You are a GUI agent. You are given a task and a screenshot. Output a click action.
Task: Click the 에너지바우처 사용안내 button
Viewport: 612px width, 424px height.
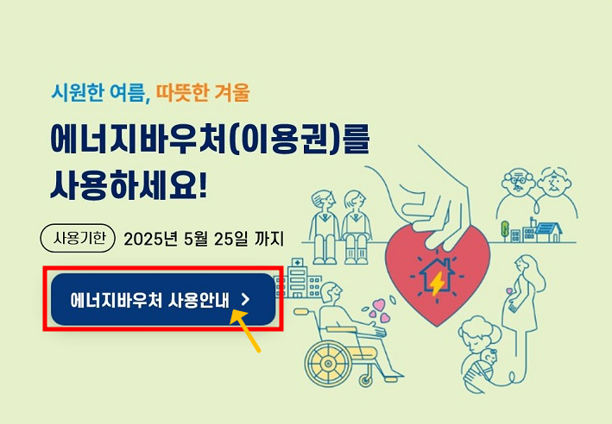click(162, 299)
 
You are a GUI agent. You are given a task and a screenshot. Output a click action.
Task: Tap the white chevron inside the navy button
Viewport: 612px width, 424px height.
click(245, 299)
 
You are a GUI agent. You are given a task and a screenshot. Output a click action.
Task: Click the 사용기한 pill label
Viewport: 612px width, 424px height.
click(79, 237)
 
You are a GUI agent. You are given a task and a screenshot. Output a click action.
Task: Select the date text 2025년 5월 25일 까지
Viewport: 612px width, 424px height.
click(204, 238)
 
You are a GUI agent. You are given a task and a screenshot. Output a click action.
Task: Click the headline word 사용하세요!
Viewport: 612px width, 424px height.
click(129, 184)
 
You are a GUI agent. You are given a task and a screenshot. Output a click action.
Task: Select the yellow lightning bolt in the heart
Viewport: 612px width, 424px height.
click(438, 283)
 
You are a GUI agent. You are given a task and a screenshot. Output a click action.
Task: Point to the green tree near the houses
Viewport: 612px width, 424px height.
click(505, 228)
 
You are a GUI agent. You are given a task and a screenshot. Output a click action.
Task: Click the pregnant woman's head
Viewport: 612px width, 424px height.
click(524, 267)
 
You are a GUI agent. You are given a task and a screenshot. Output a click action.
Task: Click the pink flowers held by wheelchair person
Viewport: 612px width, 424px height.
click(379, 308)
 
